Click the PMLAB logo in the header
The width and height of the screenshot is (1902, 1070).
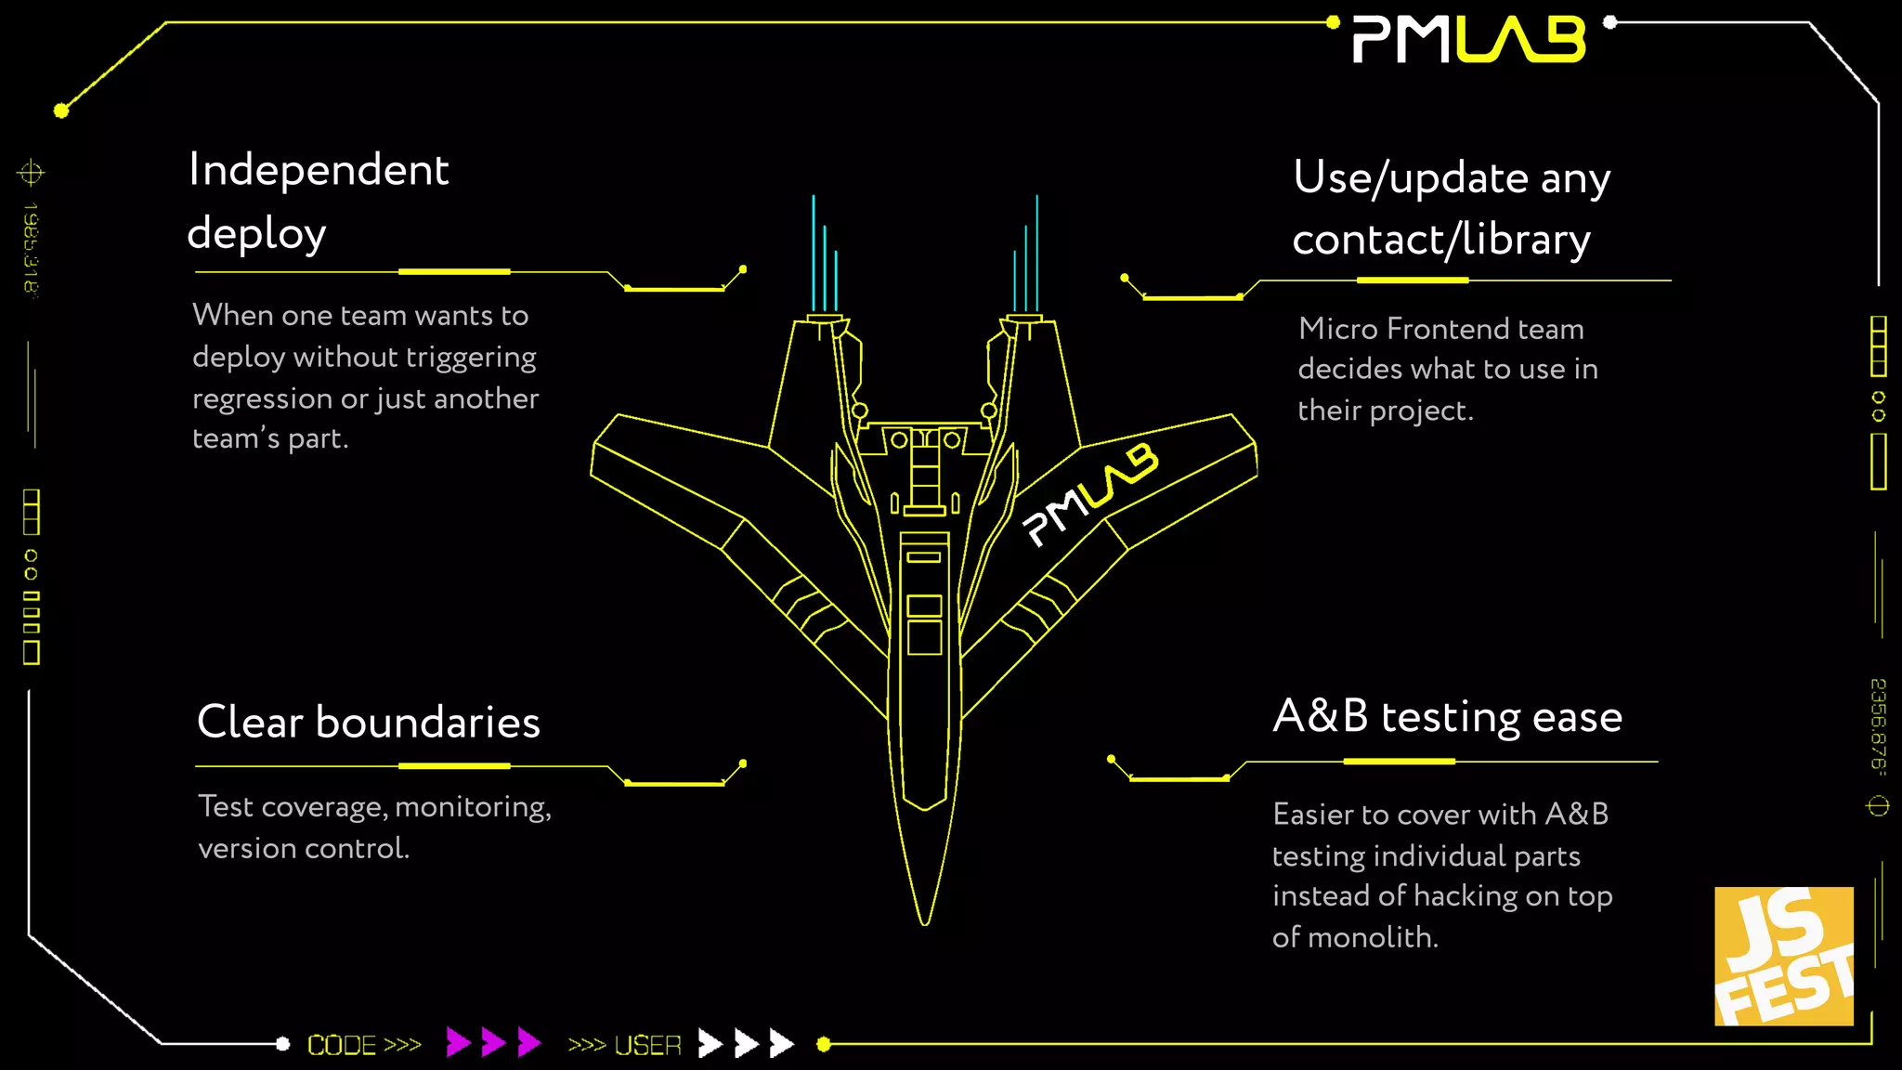(x=1468, y=40)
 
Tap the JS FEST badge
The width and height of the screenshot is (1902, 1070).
(x=1783, y=956)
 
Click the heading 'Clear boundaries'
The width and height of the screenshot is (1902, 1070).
(x=368, y=723)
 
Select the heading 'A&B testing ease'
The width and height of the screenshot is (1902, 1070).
(x=1447, y=717)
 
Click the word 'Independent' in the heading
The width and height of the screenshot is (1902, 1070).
(x=319, y=170)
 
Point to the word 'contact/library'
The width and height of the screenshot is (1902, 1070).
(x=1440, y=240)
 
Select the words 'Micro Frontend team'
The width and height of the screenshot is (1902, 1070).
(x=1440, y=329)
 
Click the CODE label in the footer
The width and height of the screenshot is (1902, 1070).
(x=342, y=1045)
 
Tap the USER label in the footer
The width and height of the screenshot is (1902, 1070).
(x=647, y=1045)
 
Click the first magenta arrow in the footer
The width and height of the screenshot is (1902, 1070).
(x=457, y=1042)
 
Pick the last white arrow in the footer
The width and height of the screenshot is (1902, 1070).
(x=782, y=1043)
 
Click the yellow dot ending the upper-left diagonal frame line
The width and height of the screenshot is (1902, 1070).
(x=61, y=111)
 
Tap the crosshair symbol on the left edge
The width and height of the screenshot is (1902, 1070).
(x=31, y=173)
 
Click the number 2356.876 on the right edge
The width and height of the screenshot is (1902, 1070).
(x=1878, y=724)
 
